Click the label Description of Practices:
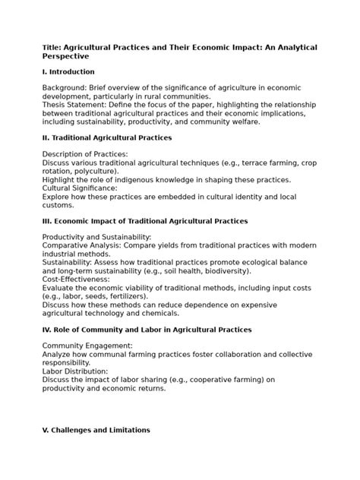click(85, 154)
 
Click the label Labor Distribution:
click(74, 370)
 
